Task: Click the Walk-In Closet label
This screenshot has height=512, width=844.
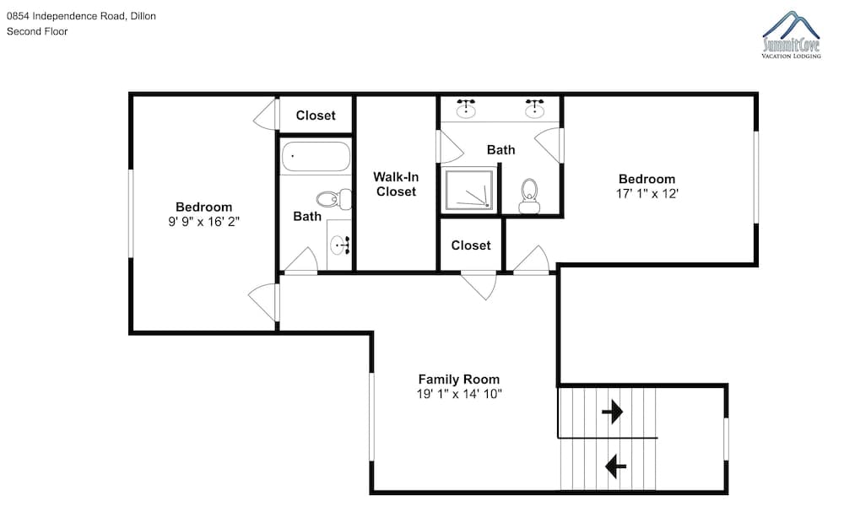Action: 396,184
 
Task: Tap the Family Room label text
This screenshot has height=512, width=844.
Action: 459,380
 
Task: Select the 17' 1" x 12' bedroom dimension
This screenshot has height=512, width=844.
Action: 647,194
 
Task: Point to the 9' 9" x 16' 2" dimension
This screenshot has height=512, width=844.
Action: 203,222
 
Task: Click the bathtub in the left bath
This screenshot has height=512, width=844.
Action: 316,157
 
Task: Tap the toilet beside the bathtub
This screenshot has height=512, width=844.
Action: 333,200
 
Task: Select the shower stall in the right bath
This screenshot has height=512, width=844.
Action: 468,191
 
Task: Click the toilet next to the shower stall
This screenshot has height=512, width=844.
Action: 529,197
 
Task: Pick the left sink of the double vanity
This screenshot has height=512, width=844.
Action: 466,109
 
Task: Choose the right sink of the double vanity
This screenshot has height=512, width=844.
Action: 534,109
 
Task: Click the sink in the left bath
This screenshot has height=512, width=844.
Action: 340,245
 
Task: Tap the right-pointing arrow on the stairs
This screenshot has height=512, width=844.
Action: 613,412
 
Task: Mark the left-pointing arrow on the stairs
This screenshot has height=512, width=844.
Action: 616,466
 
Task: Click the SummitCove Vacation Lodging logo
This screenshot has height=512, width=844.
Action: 792,35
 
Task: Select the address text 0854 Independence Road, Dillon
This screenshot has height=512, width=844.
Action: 81,16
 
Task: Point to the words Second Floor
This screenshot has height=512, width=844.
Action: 37,31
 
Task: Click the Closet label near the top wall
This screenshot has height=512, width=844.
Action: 316,115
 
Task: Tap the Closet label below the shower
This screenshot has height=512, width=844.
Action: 471,245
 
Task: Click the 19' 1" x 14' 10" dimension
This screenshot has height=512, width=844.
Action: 459,394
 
